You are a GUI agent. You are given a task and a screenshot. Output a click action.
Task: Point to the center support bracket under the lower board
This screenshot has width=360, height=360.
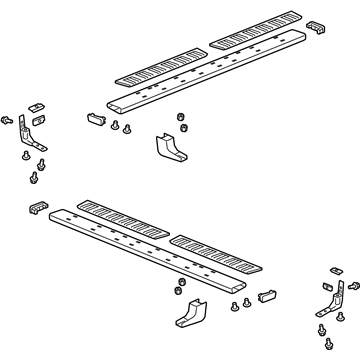coord(189,318)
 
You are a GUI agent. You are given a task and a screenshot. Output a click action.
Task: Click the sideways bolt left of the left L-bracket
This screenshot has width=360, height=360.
coord(9,120)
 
